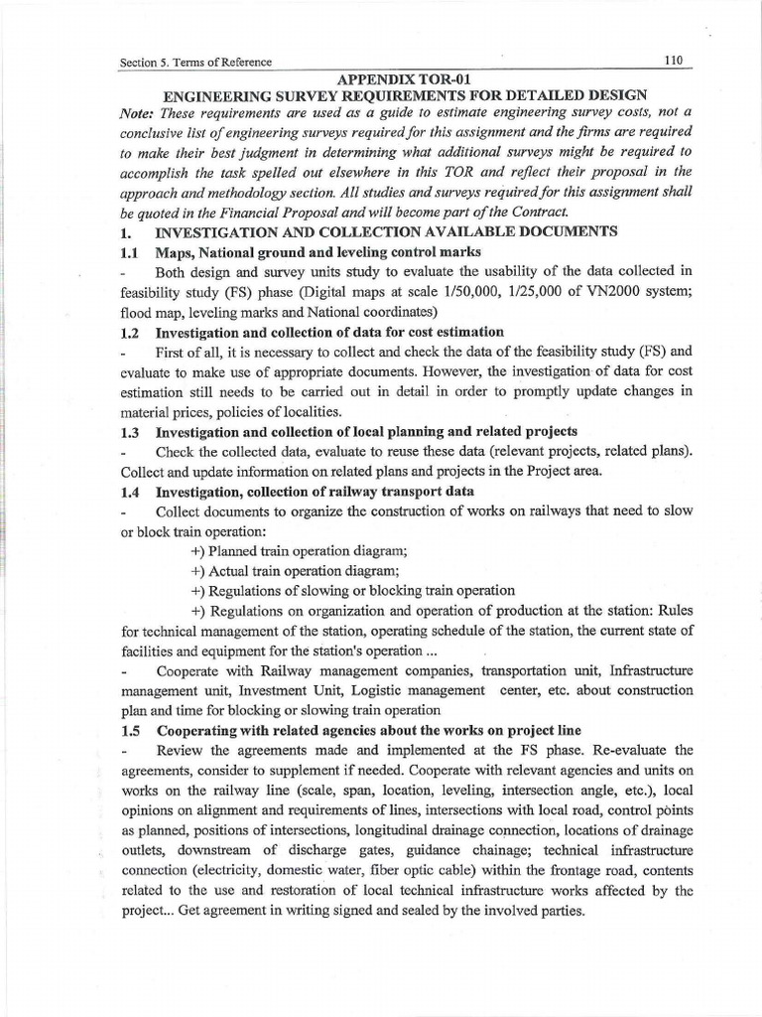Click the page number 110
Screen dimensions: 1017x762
click(675, 60)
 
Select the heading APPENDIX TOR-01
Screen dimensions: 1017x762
click(409, 77)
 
